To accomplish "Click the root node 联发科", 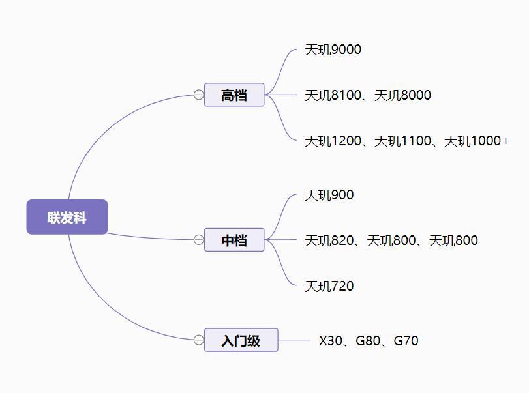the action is pos(67,217).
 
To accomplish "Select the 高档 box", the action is pos(234,95).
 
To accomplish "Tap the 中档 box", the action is pos(234,240).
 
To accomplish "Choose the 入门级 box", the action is pos(241,340).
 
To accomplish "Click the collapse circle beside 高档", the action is pos(199,95).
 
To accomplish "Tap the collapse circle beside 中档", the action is pos(199,240).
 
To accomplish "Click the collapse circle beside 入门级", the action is pos(199,340).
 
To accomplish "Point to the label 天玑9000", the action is pos(333,50).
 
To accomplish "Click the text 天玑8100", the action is pos(333,95).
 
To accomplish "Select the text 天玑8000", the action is pos(402,95).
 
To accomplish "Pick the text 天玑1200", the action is pos(333,141).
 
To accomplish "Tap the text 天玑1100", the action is pos(402,141).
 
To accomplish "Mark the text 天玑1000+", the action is pos(476,141).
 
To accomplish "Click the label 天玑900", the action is pos(329,195).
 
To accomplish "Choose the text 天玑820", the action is pos(329,240).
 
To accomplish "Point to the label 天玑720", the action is pos(329,286).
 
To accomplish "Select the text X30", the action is pos(331,341).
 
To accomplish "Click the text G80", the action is pos(368,341).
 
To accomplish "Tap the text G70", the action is pos(406,341).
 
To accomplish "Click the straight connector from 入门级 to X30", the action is pos(294,340).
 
